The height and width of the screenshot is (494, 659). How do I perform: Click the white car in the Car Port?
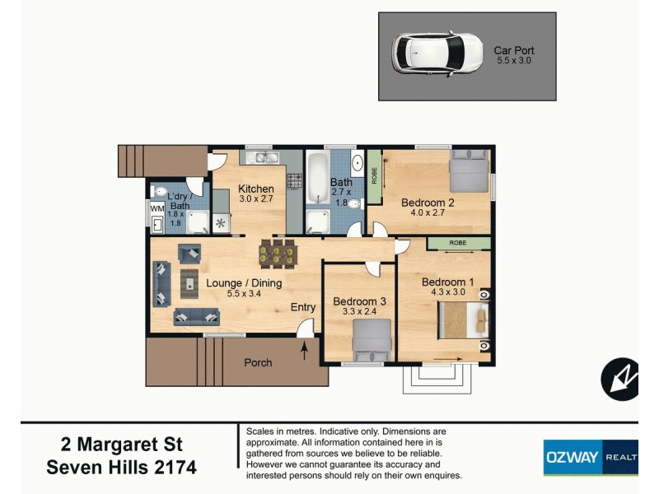point(437,53)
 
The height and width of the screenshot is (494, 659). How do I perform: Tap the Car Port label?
point(514,50)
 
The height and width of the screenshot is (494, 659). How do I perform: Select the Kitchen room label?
point(256,189)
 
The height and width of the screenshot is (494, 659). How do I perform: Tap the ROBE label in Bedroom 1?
point(459,244)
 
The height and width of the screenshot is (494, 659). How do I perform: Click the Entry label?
point(303,307)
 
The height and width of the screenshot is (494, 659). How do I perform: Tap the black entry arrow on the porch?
point(305,352)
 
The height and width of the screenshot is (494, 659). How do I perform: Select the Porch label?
point(258,362)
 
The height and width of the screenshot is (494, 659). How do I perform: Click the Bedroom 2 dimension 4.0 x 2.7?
point(428,212)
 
